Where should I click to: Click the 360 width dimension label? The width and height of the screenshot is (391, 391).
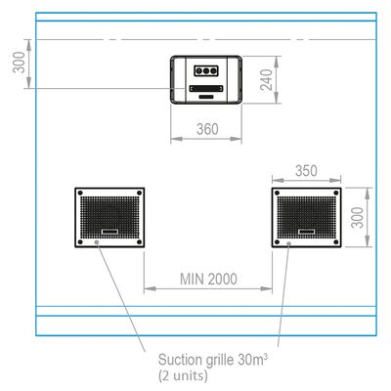207,129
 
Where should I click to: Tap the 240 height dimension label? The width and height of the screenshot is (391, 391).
267,80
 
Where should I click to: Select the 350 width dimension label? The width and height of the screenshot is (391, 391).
306,171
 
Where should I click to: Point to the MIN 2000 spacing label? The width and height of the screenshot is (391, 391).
208,279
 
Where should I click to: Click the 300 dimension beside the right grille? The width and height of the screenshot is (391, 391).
358,217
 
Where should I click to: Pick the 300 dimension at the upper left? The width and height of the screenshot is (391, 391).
19,63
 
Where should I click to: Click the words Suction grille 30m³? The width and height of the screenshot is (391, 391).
213,360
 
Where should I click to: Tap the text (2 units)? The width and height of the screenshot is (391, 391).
183,375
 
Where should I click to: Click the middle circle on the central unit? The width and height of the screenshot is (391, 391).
206,70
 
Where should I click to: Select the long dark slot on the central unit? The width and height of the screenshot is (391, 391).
206,89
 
